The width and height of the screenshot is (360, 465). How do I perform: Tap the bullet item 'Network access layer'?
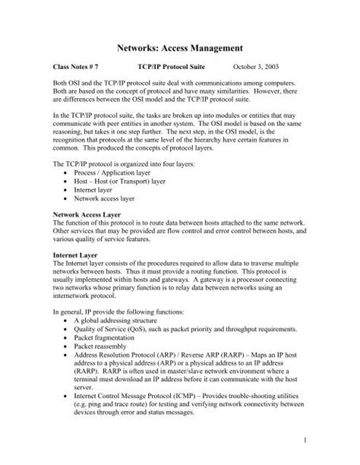point(106,200)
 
